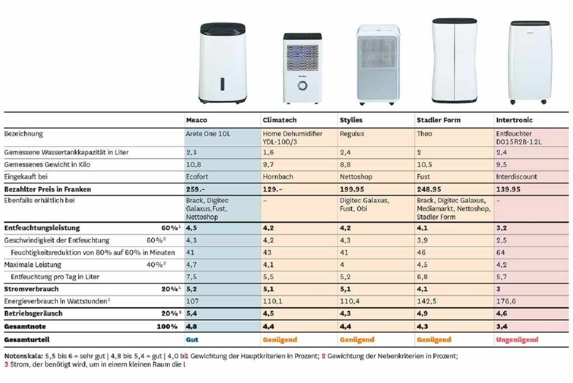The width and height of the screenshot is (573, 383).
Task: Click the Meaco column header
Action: tap(197, 120)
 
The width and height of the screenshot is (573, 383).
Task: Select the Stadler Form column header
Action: tap(439, 120)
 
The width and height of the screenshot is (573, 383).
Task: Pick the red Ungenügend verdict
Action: tap(516, 340)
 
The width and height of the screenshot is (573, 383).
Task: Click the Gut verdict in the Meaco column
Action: tap(192, 340)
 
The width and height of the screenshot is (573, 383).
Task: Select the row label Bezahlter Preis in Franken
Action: tap(47, 190)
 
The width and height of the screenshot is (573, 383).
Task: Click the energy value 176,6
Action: tap(506, 301)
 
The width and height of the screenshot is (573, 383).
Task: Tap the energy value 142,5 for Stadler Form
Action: tap(426, 301)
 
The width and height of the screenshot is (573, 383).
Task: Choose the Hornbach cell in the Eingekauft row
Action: tap(278, 177)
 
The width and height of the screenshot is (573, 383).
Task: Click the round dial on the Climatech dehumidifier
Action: tap(302, 86)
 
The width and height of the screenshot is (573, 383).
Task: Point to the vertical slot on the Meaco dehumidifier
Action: tap(222, 84)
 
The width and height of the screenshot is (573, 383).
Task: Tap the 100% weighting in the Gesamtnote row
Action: tap(167, 326)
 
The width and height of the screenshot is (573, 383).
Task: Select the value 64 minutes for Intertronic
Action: tap(500, 252)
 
